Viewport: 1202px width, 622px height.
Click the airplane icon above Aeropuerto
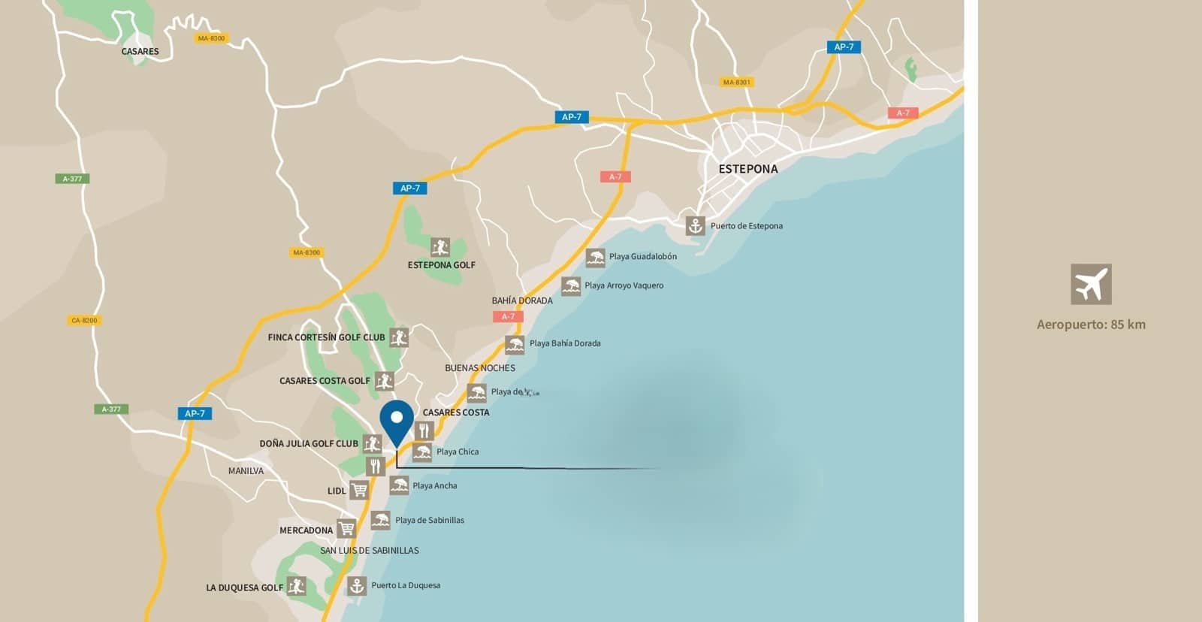pyautogui.click(x=1091, y=284)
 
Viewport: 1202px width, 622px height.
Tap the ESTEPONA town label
pyautogui.click(x=748, y=169)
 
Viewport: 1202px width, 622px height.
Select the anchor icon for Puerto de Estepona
pyautogui.click(x=695, y=225)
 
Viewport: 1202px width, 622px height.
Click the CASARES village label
pyautogui.click(x=140, y=52)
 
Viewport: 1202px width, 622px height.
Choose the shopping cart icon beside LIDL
pyautogui.click(x=359, y=491)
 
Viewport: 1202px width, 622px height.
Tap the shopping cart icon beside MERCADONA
pyautogui.click(x=346, y=529)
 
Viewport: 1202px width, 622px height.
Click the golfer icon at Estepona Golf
pyautogui.click(x=440, y=246)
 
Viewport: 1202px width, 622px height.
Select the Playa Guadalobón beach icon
pyautogui.click(x=595, y=258)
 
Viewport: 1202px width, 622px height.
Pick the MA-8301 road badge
pyautogui.click(x=736, y=83)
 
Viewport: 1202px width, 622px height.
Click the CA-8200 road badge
pyautogui.click(x=84, y=321)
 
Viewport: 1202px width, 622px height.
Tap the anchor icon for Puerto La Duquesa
pyautogui.click(x=357, y=585)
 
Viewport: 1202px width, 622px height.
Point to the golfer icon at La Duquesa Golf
pyautogui.click(x=296, y=586)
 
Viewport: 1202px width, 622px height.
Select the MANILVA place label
pyautogui.click(x=246, y=471)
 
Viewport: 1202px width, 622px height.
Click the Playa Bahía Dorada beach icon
pyautogui.click(x=515, y=345)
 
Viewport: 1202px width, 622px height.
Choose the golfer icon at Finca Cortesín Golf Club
pyautogui.click(x=398, y=337)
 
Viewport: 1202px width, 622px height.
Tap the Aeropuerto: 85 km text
pyautogui.click(x=1091, y=325)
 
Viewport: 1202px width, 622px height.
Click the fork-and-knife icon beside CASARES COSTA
pyautogui.click(x=424, y=430)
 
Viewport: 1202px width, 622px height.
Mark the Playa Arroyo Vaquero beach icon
pyautogui.click(x=571, y=286)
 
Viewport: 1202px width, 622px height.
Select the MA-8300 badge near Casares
pyautogui.click(x=211, y=38)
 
